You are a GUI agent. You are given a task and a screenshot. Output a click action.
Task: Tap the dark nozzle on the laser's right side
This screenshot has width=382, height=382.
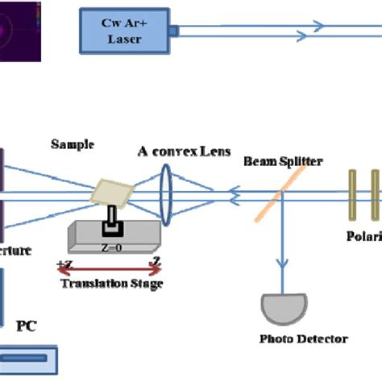pyautogui.click(x=173, y=31)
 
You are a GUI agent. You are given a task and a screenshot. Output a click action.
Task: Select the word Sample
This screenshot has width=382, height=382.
pyautogui.click(x=73, y=145)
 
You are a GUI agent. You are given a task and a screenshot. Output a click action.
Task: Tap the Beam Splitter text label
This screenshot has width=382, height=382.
pyautogui.click(x=284, y=162)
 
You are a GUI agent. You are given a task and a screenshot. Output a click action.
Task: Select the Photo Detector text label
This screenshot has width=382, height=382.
pyautogui.click(x=293, y=339)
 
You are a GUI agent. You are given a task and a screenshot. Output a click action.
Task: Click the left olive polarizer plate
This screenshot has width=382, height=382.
pyautogui.click(x=352, y=194)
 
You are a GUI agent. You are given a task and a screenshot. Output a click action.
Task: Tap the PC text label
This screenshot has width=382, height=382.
pyautogui.click(x=26, y=326)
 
